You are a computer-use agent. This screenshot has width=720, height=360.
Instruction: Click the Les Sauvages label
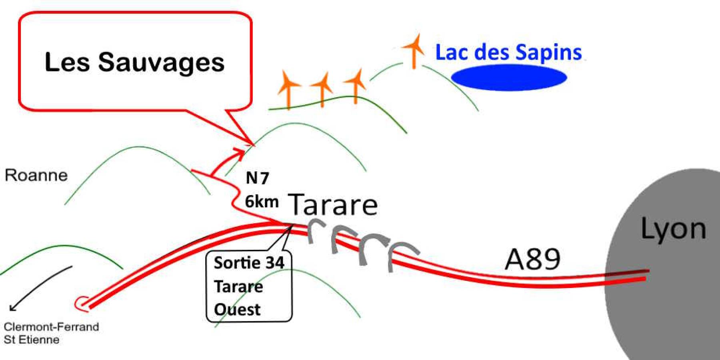coord(134,62)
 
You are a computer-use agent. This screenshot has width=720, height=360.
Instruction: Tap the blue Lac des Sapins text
coord(508,53)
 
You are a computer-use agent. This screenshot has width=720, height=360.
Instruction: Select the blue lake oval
coord(509,78)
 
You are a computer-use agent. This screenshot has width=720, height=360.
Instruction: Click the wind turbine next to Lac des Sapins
coord(414,50)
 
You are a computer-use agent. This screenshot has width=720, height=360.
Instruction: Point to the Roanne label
coord(36,175)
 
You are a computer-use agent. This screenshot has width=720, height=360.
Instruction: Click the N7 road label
coord(257,178)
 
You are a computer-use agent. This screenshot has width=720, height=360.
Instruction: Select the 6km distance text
coord(262,201)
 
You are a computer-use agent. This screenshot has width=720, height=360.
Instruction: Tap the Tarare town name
coord(332,204)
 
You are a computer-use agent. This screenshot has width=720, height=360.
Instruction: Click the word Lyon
coord(673,229)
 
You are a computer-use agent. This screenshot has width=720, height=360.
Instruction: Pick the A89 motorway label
coord(532,259)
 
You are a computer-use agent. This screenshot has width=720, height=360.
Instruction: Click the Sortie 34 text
coord(249,263)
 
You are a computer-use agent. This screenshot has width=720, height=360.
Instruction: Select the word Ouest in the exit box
coord(237,310)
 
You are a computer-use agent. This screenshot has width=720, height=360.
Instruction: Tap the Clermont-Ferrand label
coord(51,327)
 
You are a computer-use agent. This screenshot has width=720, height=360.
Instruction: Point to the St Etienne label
coord(32,340)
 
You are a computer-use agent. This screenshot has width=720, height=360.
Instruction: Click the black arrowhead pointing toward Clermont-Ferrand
coord(12,308)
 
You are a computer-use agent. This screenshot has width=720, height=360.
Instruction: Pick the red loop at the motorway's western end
coord(81,303)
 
